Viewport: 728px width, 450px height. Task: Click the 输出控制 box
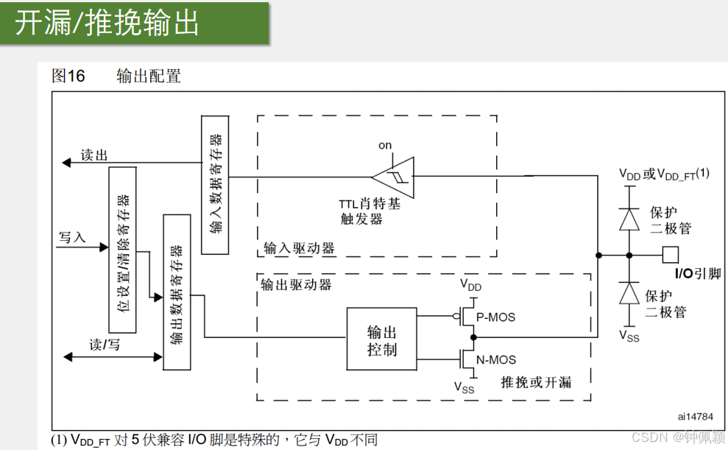pos(381,337)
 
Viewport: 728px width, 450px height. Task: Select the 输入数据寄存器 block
pos(216,184)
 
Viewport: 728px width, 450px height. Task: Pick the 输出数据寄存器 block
pos(177,292)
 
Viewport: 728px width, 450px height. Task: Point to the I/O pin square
pos(670,255)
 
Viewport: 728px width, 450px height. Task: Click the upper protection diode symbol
pos(629,219)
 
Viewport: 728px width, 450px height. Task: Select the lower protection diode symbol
pos(629,293)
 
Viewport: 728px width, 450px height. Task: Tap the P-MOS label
pos(496,317)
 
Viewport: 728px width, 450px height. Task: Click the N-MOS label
pos(497,360)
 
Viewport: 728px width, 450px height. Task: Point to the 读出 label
pos(94,155)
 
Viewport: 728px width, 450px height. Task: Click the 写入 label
pos(72,237)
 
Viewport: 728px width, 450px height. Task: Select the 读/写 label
pos(104,345)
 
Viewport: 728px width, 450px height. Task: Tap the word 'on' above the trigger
pos(385,145)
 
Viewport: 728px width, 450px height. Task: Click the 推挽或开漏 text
pos(535,382)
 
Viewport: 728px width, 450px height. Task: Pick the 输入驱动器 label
pos(299,248)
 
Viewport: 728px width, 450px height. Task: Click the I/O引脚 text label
pos(698,274)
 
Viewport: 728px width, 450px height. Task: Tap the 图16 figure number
pos(68,75)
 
